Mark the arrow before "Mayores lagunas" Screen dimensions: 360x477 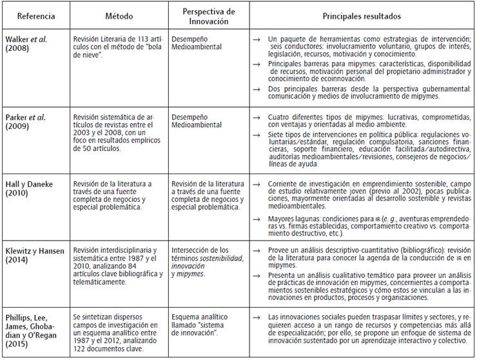pyautogui.click(x=257, y=216)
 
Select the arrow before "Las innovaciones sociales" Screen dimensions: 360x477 pyautogui.click(x=257, y=316)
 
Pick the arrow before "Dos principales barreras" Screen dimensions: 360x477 pyautogui.click(x=257, y=88)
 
